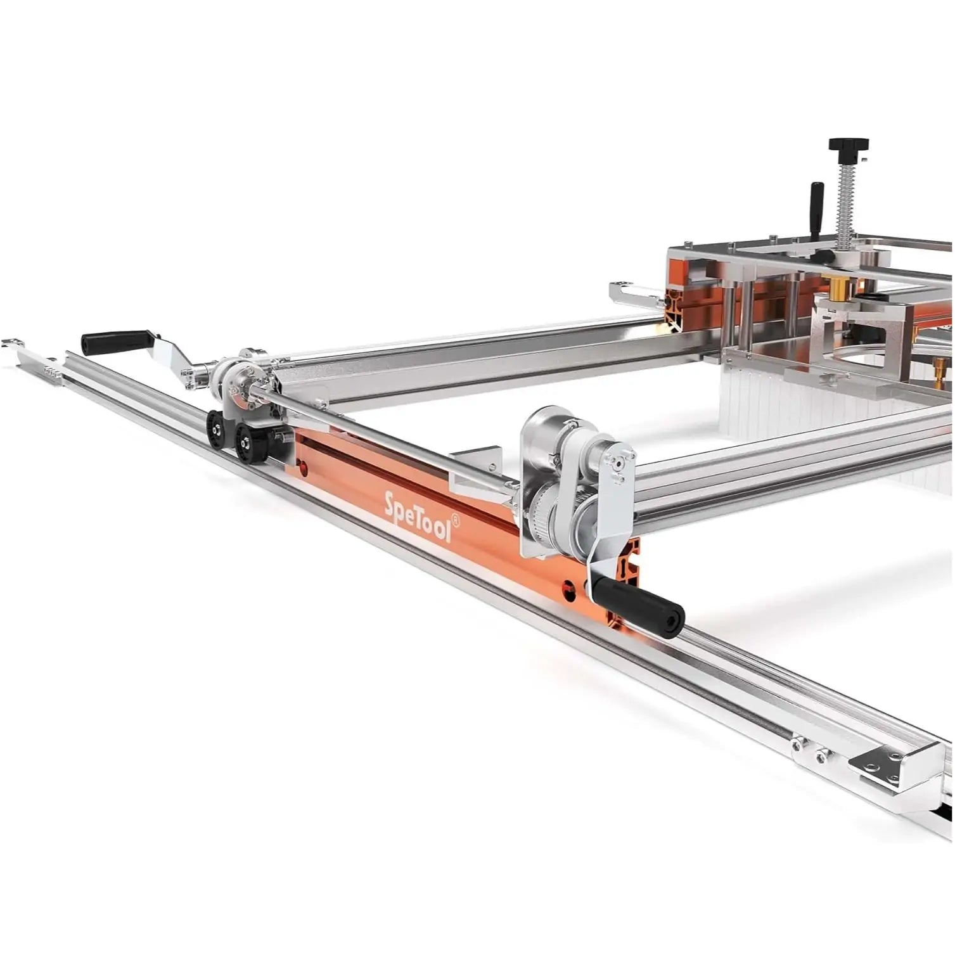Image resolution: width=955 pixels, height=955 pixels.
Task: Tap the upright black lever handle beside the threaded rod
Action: tap(816, 203)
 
